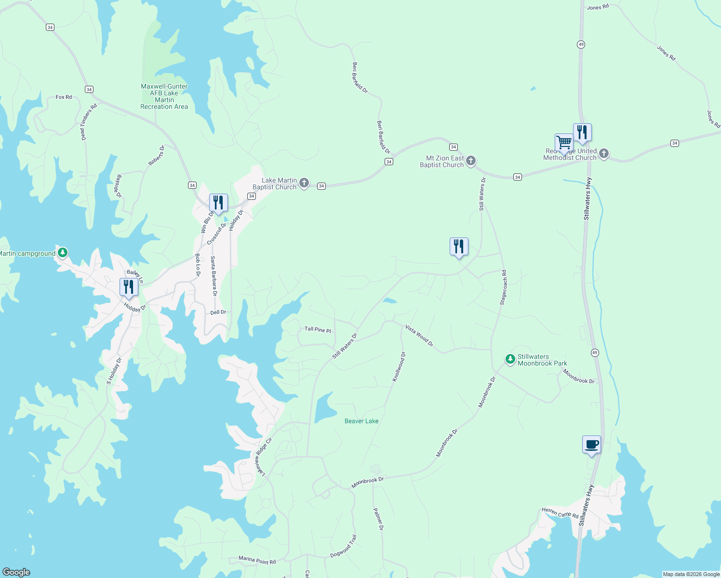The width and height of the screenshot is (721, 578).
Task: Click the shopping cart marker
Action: [x=564, y=143]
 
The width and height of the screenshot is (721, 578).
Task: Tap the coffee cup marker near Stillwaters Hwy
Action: [x=591, y=445]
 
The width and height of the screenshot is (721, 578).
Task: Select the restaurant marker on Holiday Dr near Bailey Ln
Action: [x=129, y=288]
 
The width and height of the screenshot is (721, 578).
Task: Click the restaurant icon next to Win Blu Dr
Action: [x=218, y=203]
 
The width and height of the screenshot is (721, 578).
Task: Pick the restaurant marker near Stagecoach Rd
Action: [x=459, y=247]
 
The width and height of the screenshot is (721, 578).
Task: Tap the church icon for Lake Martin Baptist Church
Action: [x=304, y=183]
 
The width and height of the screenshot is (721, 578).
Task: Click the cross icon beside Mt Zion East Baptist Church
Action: [x=471, y=160]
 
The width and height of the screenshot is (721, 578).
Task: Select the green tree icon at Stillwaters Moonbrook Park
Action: [x=510, y=359]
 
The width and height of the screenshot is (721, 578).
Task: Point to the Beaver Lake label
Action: [x=361, y=421]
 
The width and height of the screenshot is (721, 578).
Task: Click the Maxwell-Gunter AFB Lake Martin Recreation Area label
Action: [x=164, y=96]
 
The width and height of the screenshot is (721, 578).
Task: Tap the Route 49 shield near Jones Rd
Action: [x=581, y=44]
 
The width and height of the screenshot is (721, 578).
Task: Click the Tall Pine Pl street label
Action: [x=318, y=329]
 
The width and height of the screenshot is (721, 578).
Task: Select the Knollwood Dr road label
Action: [x=399, y=367]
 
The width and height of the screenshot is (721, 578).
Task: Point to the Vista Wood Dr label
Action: [x=419, y=335]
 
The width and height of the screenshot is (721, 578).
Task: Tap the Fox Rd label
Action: [x=64, y=97]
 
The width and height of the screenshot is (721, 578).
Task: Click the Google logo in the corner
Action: [x=16, y=572]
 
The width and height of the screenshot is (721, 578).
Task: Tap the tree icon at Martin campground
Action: [x=62, y=252]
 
